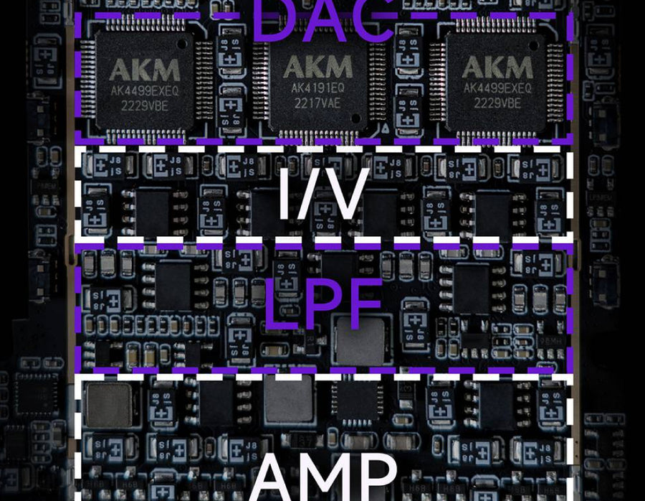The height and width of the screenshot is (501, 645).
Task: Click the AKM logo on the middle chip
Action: [317, 67]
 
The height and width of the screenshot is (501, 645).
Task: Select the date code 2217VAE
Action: [317, 102]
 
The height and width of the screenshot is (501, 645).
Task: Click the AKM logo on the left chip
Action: [144, 70]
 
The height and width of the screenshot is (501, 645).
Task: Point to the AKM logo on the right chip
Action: [496, 67]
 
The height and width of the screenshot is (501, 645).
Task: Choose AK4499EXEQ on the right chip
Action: [496, 88]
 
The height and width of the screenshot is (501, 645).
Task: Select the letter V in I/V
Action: [343, 193]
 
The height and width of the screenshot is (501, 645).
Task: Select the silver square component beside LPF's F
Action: [361, 340]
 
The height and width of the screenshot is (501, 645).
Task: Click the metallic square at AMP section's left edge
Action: [107, 405]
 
